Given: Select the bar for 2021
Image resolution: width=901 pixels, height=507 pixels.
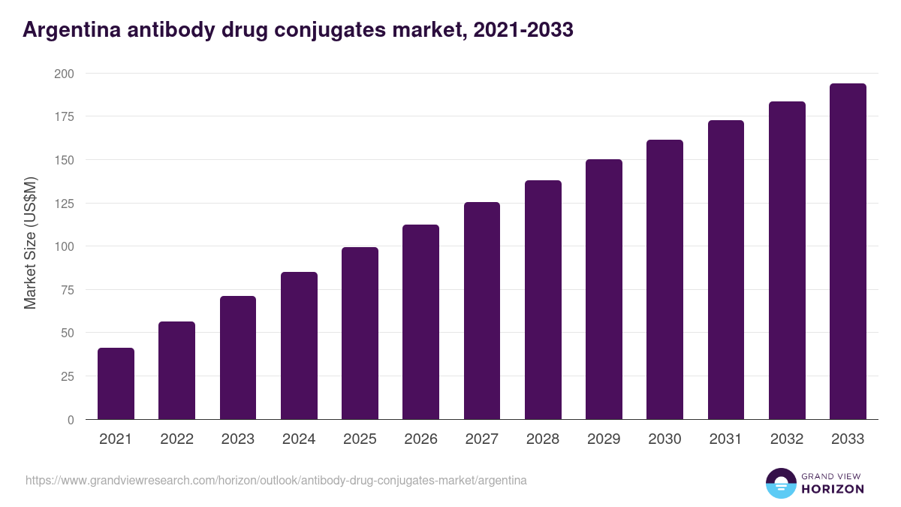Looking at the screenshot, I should [x=116, y=384].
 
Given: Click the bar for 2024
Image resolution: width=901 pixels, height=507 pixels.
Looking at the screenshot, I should [x=299, y=346].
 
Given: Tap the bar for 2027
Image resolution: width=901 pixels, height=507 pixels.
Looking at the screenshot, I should [x=482, y=311].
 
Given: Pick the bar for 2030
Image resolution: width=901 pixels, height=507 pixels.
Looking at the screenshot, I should [x=664, y=279].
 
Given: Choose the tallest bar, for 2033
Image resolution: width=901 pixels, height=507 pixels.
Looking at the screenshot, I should [x=848, y=252].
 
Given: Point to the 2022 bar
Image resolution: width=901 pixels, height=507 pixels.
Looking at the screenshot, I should [x=176, y=370].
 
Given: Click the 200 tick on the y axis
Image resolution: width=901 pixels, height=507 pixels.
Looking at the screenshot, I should [x=64, y=74].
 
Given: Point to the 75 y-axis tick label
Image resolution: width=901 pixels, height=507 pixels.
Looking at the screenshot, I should [x=67, y=290].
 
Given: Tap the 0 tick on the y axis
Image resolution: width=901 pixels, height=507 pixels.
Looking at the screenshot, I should [x=71, y=420].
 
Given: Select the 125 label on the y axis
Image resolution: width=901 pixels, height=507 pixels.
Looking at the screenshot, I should [x=64, y=204].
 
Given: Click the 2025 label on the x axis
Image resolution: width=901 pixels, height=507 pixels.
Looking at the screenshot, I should [x=360, y=439].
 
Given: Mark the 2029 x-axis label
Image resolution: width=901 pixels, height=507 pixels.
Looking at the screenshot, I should [x=604, y=439].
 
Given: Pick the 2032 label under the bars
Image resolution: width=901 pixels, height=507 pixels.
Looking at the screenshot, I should [x=787, y=439].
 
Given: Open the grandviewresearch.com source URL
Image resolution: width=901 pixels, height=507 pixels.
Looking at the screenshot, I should [x=276, y=480].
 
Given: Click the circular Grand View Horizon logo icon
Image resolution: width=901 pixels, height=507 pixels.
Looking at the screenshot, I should [x=781, y=483].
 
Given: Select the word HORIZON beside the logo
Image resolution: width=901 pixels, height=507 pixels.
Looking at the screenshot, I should [x=833, y=489].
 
